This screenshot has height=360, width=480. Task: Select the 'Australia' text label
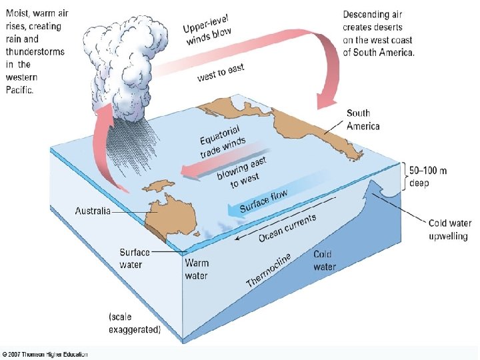pyautogui.click(x=93, y=211)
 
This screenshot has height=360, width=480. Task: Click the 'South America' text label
pyautogui.click(x=363, y=120)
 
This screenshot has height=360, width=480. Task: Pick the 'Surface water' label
pyautogui.click(x=135, y=258)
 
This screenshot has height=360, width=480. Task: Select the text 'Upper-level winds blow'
pyautogui.click(x=209, y=30)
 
